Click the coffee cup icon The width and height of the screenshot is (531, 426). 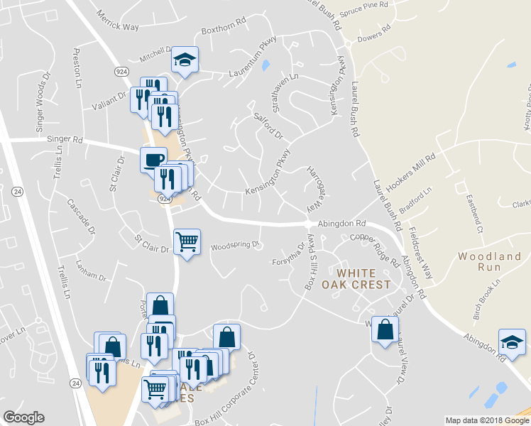click(153, 159)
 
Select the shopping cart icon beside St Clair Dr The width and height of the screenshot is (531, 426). click(187, 241)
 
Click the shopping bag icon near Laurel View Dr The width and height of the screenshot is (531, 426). click(385, 329)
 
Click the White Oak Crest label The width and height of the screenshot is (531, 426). click(363, 278)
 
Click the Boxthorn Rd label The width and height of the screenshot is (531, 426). click(222, 31)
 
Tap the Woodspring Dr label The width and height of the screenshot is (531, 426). click(236, 246)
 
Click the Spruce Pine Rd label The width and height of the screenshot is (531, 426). click(365, 5)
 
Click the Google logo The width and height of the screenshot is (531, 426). click(23, 417)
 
